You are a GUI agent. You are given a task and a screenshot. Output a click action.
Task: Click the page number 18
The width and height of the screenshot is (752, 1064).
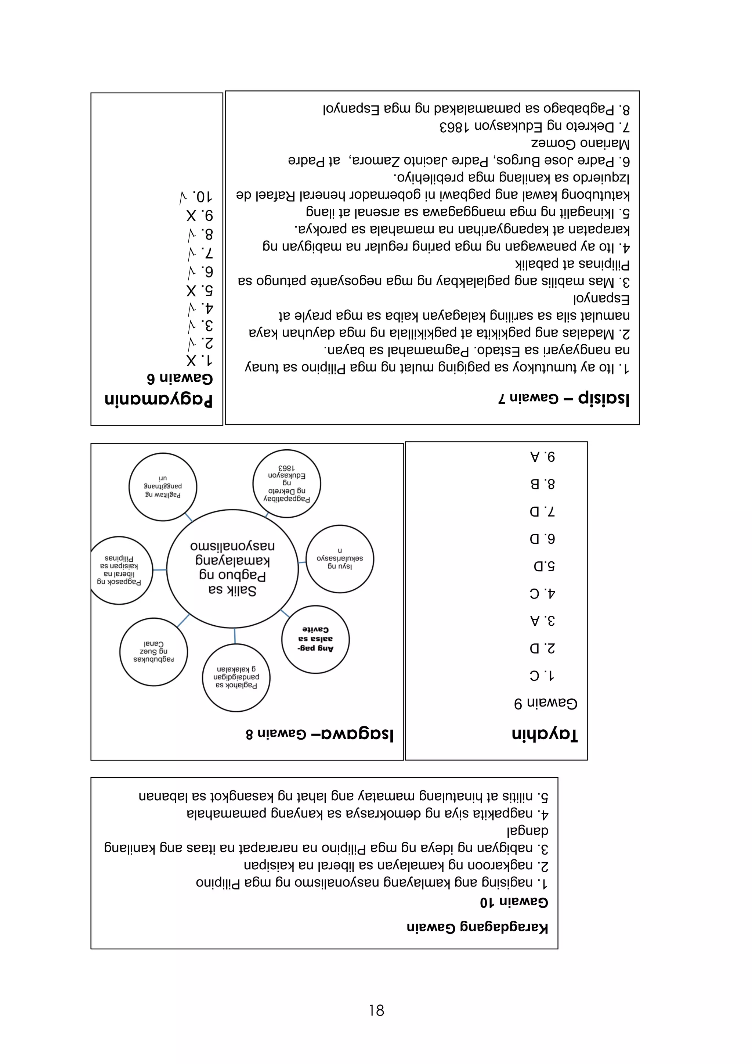(x=376, y=1010)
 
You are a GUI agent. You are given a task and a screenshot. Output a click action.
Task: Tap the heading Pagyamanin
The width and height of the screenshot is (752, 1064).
(x=158, y=399)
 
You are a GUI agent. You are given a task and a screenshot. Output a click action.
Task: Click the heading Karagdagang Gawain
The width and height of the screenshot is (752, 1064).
(x=477, y=927)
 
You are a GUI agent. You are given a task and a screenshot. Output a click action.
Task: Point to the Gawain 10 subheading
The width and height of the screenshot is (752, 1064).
(x=514, y=902)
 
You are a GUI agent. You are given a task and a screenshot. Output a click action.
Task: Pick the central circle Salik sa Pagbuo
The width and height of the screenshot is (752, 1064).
(x=232, y=569)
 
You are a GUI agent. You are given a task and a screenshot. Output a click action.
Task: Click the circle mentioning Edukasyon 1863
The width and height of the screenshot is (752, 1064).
(x=287, y=484)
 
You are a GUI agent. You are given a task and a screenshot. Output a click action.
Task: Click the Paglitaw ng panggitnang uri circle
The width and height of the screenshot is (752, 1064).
(x=163, y=486)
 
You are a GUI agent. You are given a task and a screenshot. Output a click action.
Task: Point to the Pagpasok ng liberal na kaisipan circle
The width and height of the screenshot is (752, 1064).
(x=119, y=570)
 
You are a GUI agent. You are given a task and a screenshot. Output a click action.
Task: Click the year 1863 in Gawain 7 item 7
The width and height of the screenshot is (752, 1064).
(x=454, y=126)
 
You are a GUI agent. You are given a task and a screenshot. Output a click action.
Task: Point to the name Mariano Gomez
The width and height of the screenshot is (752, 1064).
(x=580, y=144)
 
